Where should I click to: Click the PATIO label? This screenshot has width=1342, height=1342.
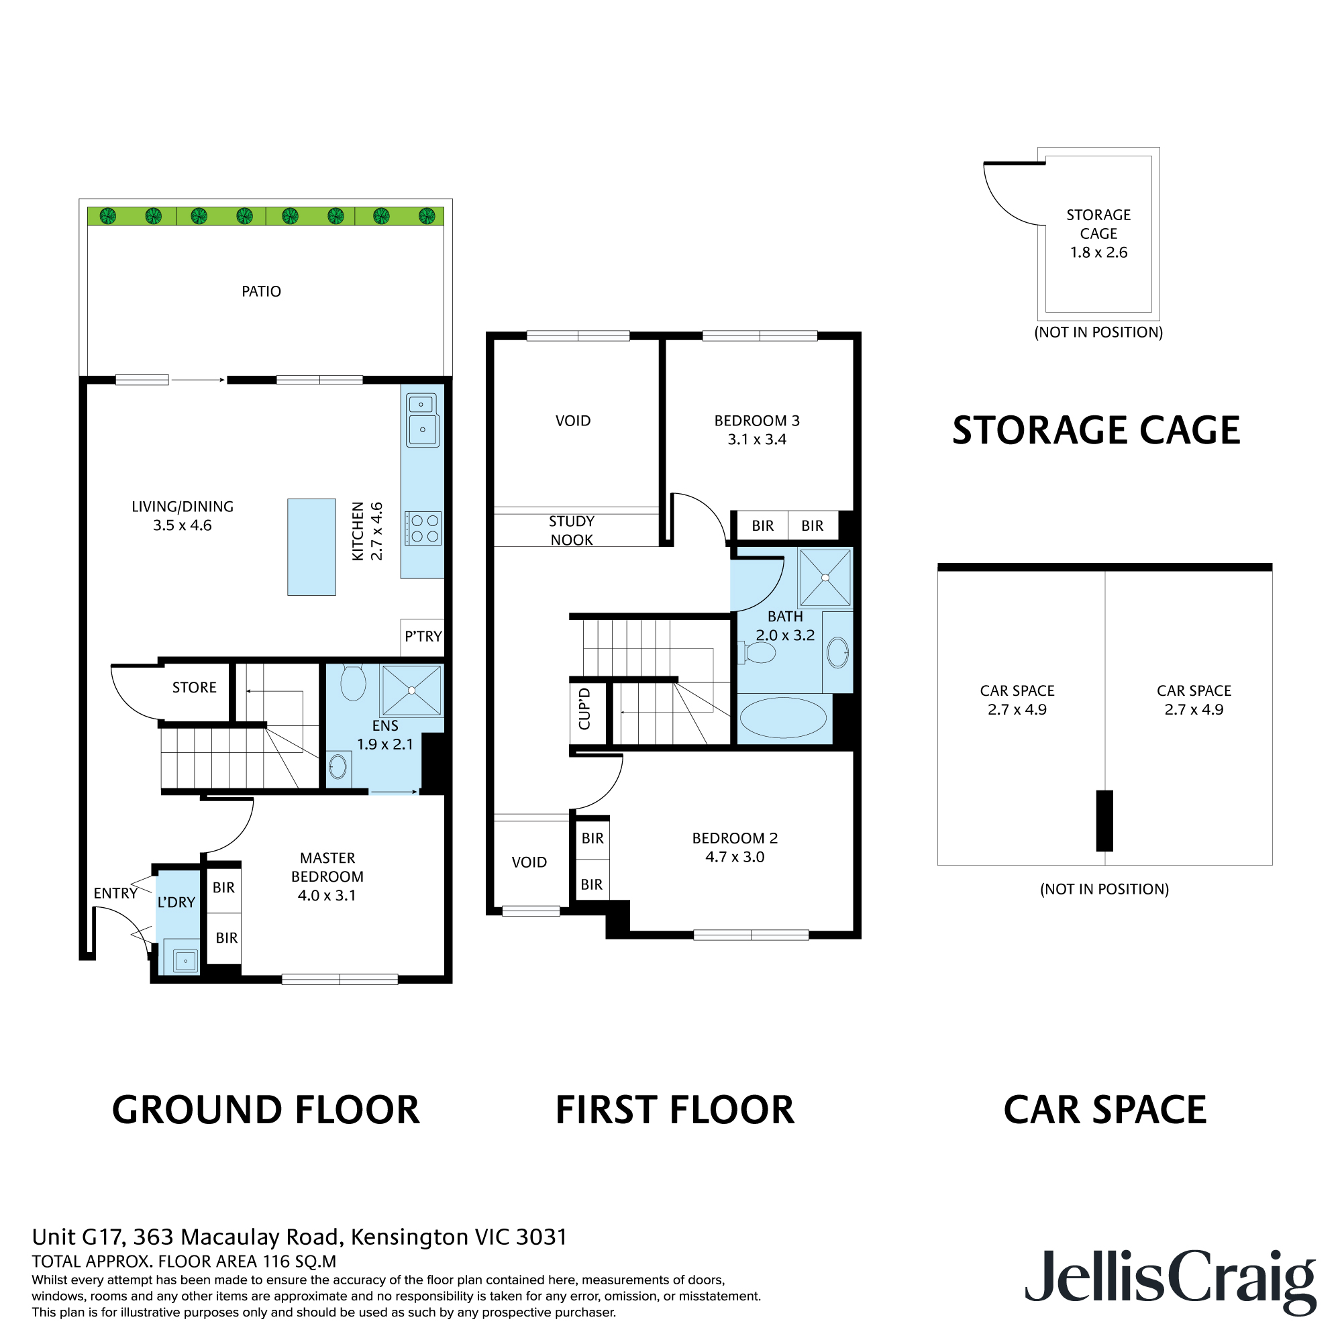[261, 292]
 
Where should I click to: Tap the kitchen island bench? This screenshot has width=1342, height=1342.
[312, 547]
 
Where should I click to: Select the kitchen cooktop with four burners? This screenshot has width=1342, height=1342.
[423, 528]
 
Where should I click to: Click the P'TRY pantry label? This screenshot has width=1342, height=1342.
[423, 636]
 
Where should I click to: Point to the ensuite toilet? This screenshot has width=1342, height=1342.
[353, 684]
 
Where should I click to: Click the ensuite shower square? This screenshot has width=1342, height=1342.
[411, 690]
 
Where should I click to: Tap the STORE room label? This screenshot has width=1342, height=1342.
[195, 688]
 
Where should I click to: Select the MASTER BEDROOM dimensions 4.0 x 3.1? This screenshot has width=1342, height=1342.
[327, 895]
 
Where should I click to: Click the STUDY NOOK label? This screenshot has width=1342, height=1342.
[572, 531]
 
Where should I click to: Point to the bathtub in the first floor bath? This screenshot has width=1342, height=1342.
[783, 717]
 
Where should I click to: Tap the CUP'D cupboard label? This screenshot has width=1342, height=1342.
[584, 709]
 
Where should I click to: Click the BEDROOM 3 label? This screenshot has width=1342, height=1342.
[757, 421]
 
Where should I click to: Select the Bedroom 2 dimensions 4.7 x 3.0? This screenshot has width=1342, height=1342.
[735, 857]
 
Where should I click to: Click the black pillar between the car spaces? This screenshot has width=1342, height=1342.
[1104, 821]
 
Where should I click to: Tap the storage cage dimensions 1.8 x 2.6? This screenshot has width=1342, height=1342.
[1098, 253]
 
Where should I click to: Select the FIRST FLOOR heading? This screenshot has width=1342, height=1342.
[674, 1110]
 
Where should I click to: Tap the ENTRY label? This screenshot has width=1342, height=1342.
[115, 893]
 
